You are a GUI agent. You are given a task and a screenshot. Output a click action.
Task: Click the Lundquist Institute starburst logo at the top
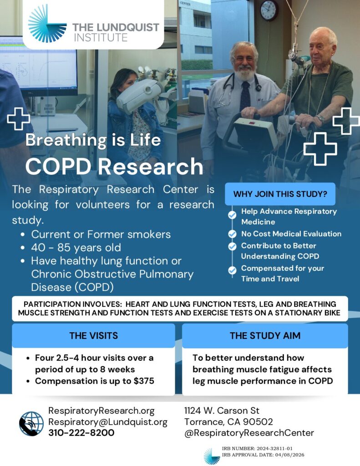pyautogui.click(x=47, y=24)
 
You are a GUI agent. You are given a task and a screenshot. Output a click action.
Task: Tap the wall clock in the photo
pyautogui.click(x=269, y=10)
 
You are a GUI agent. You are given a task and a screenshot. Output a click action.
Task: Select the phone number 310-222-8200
pyautogui.click(x=81, y=433)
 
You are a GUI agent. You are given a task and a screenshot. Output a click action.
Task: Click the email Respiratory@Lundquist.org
pyautogui.click(x=108, y=422)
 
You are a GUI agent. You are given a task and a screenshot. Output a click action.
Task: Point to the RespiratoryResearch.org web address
pyautogui.click(x=101, y=411)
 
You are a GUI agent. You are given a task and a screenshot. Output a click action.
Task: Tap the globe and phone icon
pyautogui.click(x=31, y=424)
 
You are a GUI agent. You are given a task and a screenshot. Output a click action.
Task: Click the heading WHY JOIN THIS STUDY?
pyautogui.click(x=280, y=194)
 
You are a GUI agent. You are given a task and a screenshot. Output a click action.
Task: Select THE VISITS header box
pyautogui.click(x=93, y=335)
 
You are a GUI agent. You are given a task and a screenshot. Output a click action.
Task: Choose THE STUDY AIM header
pyautogui.click(x=265, y=335)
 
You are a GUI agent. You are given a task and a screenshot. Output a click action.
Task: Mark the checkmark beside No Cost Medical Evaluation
pyautogui.click(x=232, y=234)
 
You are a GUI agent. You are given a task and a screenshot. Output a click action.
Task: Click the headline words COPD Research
pyautogui.click(x=114, y=167)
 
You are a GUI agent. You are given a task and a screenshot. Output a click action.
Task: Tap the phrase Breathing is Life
pyautogui.click(x=93, y=140)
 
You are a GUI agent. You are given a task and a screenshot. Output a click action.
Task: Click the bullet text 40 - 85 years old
pyautogui.click(x=76, y=248)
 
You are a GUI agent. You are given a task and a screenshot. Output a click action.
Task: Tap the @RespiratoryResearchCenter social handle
pyautogui.click(x=249, y=433)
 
